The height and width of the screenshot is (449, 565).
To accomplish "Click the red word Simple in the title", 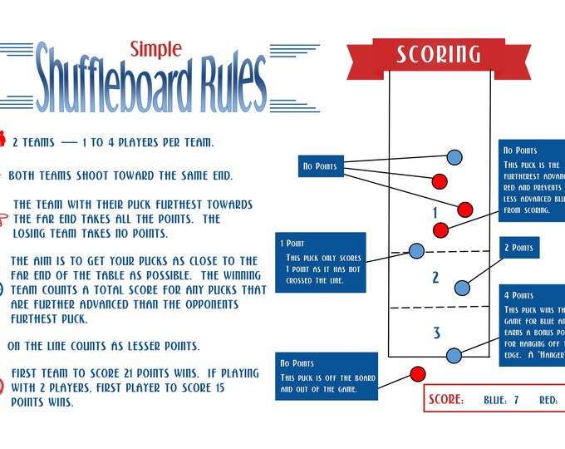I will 155,48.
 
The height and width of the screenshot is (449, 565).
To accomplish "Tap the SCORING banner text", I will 438,54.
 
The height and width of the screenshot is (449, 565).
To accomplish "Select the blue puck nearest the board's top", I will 454,156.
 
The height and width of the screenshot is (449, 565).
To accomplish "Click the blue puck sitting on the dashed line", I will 417,251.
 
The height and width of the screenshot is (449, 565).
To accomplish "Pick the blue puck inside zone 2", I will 462,288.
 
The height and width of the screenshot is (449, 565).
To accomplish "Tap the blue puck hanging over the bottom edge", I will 454,356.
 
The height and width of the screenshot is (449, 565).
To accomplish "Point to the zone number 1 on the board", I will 435,214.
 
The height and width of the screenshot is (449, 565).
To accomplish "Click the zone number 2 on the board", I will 435,278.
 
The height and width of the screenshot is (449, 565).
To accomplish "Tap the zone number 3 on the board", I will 436,333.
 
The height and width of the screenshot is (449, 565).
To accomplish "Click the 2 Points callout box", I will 520,248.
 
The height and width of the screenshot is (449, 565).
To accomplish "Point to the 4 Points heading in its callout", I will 519,295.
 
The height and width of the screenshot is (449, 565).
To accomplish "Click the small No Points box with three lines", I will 320,166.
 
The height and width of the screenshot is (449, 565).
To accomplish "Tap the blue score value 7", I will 516,400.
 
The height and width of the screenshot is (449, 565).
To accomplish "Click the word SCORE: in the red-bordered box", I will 446,400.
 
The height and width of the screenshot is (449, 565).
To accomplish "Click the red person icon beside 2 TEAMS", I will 3,141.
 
